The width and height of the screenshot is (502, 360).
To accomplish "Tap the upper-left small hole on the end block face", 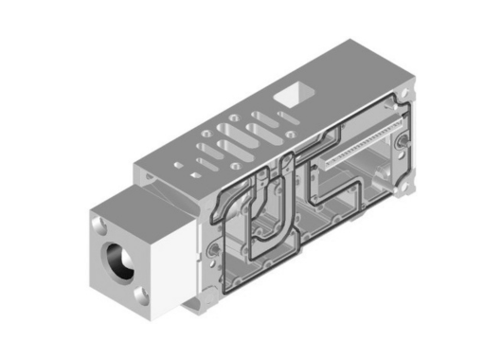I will point(100,224).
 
